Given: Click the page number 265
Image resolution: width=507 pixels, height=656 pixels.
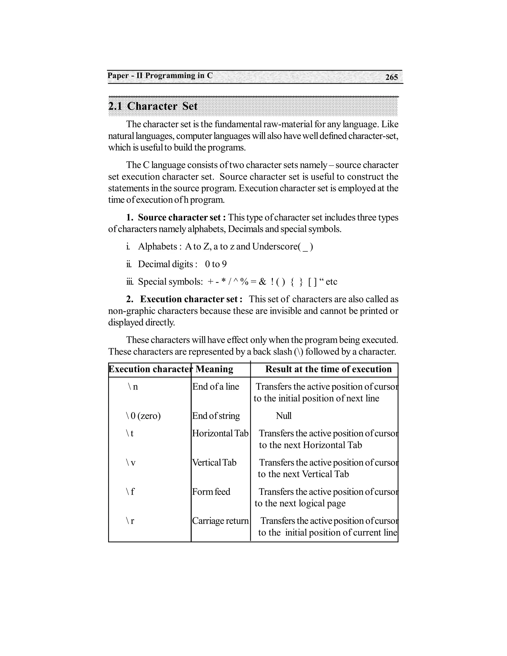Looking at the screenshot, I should coord(391,77).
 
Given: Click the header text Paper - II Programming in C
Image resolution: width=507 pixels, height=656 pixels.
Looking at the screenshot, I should coord(160,76).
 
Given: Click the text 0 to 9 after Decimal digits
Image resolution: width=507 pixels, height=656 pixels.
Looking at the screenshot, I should coord(216,264).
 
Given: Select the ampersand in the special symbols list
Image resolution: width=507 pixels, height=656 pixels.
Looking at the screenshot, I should coord(262,282).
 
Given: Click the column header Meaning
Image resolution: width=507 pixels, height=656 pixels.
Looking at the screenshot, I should coord(214,369).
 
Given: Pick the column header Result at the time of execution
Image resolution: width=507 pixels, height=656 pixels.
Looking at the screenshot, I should coord(328,369).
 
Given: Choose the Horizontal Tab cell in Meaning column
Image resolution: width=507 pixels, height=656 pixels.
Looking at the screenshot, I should coord(220,433).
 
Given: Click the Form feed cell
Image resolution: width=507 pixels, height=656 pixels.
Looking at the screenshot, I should coord(211,492).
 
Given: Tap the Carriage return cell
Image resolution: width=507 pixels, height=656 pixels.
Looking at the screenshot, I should coord(220,521).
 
